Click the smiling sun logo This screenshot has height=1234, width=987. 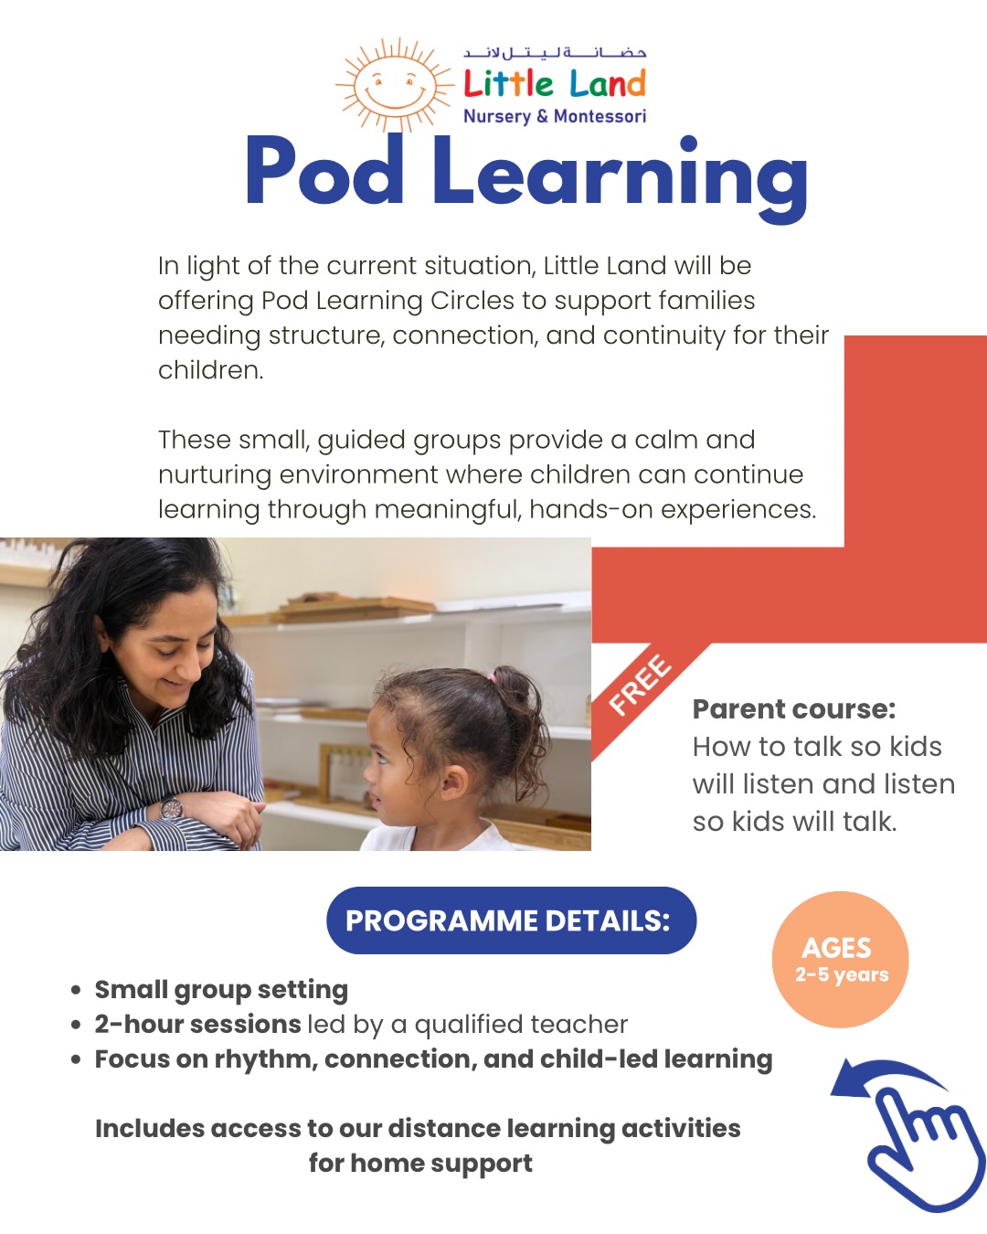point(395,85)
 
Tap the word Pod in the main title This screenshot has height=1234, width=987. point(324,171)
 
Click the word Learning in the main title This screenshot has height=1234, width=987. point(620,174)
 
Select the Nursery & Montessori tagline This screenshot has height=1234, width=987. point(555,116)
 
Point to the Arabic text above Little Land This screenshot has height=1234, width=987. point(555,53)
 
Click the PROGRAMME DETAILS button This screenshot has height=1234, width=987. point(511,920)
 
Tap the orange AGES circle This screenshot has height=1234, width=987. point(841,960)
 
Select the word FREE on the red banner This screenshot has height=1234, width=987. point(641,686)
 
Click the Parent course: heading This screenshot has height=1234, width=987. point(794,709)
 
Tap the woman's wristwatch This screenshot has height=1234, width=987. point(171,808)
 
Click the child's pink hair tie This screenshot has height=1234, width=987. point(493,678)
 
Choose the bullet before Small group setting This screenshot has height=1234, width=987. point(77,990)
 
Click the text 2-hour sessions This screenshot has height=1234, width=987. point(197,1024)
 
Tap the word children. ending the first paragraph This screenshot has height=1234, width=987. point(211,370)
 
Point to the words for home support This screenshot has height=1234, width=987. point(420,1164)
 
